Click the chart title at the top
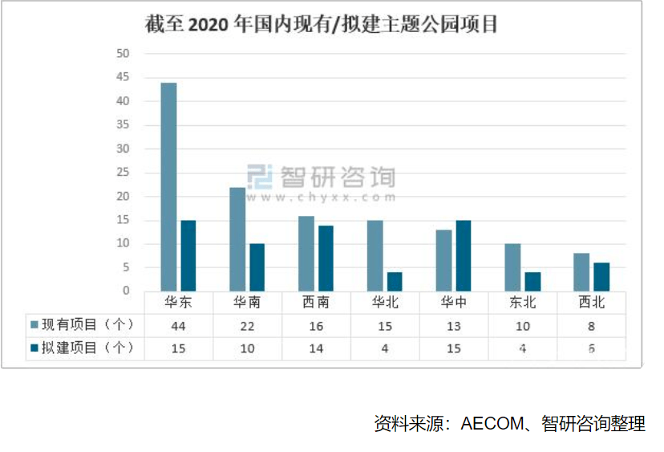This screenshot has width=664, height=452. (x=321, y=24)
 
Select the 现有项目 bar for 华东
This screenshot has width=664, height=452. (x=168, y=186)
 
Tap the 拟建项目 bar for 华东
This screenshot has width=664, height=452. (x=188, y=255)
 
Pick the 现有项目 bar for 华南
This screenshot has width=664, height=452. (x=237, y=238)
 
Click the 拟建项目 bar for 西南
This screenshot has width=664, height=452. (x=326, y=258)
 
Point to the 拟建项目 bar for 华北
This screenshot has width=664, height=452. (x=395, y=281)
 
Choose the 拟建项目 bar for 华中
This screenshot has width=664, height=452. (x=464, y=255)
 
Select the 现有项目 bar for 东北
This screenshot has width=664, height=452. (x=512, y=267)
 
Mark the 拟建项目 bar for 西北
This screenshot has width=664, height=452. (x=601, y=276)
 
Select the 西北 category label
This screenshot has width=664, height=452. (x=592, y=303)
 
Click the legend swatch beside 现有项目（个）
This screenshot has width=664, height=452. (x=34, y=325)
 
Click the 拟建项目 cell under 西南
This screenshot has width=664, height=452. (x=316, y=348)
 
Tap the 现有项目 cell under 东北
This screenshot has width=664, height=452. (x=522, y=325)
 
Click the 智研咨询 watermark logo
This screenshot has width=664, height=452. (x=321, y=178)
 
